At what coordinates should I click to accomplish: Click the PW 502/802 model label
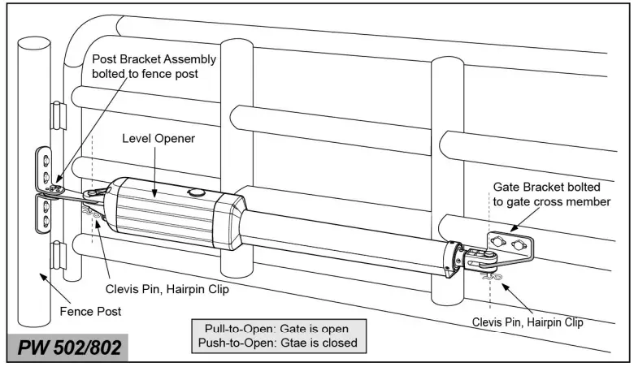coord(72,348)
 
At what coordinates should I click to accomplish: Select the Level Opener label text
coord(159,138)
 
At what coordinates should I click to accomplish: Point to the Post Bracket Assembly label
coord(154,67)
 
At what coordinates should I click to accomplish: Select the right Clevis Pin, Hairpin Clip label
coord(528,322)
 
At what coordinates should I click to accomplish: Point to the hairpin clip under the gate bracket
coord(491,277)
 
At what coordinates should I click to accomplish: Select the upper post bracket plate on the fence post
coord(45,166)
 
